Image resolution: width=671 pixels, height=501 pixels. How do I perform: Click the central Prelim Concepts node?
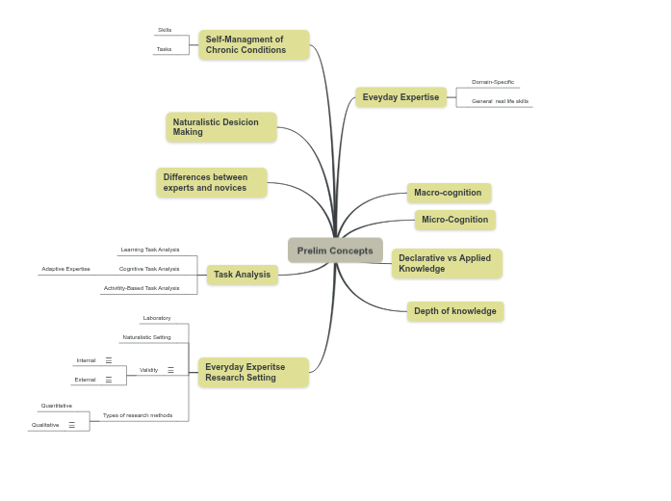[335, 250]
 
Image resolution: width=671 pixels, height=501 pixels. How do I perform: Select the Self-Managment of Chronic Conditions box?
[254, 45]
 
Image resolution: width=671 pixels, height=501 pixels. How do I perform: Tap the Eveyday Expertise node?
[400, 97]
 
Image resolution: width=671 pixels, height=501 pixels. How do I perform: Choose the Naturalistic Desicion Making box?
[220, 127]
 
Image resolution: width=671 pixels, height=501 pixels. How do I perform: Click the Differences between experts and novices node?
[211, 183]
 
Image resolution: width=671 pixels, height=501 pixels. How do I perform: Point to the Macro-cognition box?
[449, 193]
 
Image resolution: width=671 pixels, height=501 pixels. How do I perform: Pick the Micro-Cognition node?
[455, 220]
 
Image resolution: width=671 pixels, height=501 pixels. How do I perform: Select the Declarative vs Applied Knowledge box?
[447, 263]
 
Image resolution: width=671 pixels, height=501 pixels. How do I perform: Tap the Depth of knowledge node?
[455, 311]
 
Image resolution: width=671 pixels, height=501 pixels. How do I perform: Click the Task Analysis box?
[243, 275]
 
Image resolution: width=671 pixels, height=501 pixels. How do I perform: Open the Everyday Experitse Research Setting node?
[253, 373]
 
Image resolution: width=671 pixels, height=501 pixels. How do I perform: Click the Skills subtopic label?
[165, 30]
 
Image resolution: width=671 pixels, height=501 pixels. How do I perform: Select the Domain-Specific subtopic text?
[493, 82]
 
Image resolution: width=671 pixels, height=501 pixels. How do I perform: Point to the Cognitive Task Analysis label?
[149, 269]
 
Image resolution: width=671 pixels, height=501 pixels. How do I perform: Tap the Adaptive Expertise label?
[66, 269]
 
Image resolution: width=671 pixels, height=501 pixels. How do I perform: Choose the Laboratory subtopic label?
[157, 318]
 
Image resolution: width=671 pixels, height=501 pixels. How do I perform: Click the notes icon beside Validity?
[171, 370]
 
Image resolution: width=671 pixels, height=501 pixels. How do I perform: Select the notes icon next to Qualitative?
[72, 425]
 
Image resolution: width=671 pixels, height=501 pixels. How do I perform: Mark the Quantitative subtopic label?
[57, 406]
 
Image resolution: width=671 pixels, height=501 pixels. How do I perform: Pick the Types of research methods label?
[138, 415]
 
